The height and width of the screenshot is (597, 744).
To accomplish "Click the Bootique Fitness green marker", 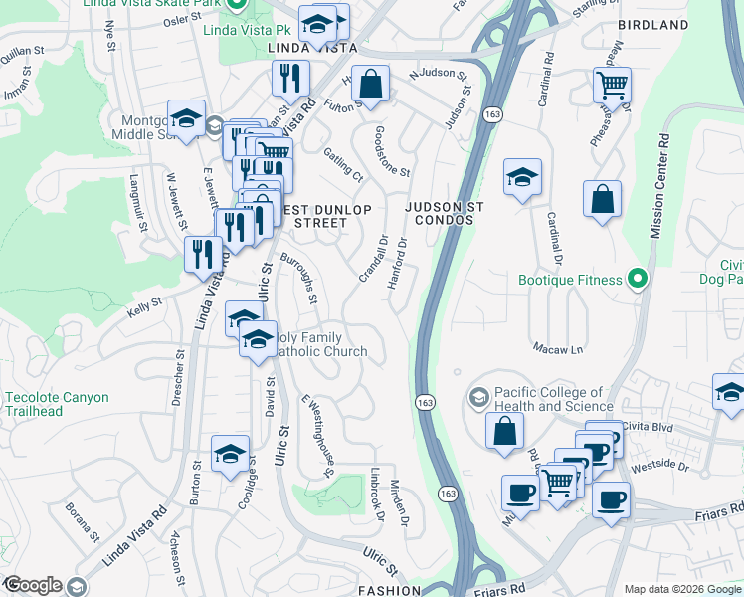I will coord(638,280).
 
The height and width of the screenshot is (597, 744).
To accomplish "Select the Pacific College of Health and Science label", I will coord(549,399).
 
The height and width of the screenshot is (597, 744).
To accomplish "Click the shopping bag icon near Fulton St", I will coord(371,86).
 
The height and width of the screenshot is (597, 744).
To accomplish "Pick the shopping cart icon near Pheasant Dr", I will coord(612,85).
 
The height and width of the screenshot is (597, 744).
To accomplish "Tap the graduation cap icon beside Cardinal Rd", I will coord(522,178).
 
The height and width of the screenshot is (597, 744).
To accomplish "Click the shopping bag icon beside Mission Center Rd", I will coord(602,199).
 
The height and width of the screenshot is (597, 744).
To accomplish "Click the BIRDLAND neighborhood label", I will coord(652,24).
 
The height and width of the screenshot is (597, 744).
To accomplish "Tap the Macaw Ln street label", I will coord(563,349).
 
